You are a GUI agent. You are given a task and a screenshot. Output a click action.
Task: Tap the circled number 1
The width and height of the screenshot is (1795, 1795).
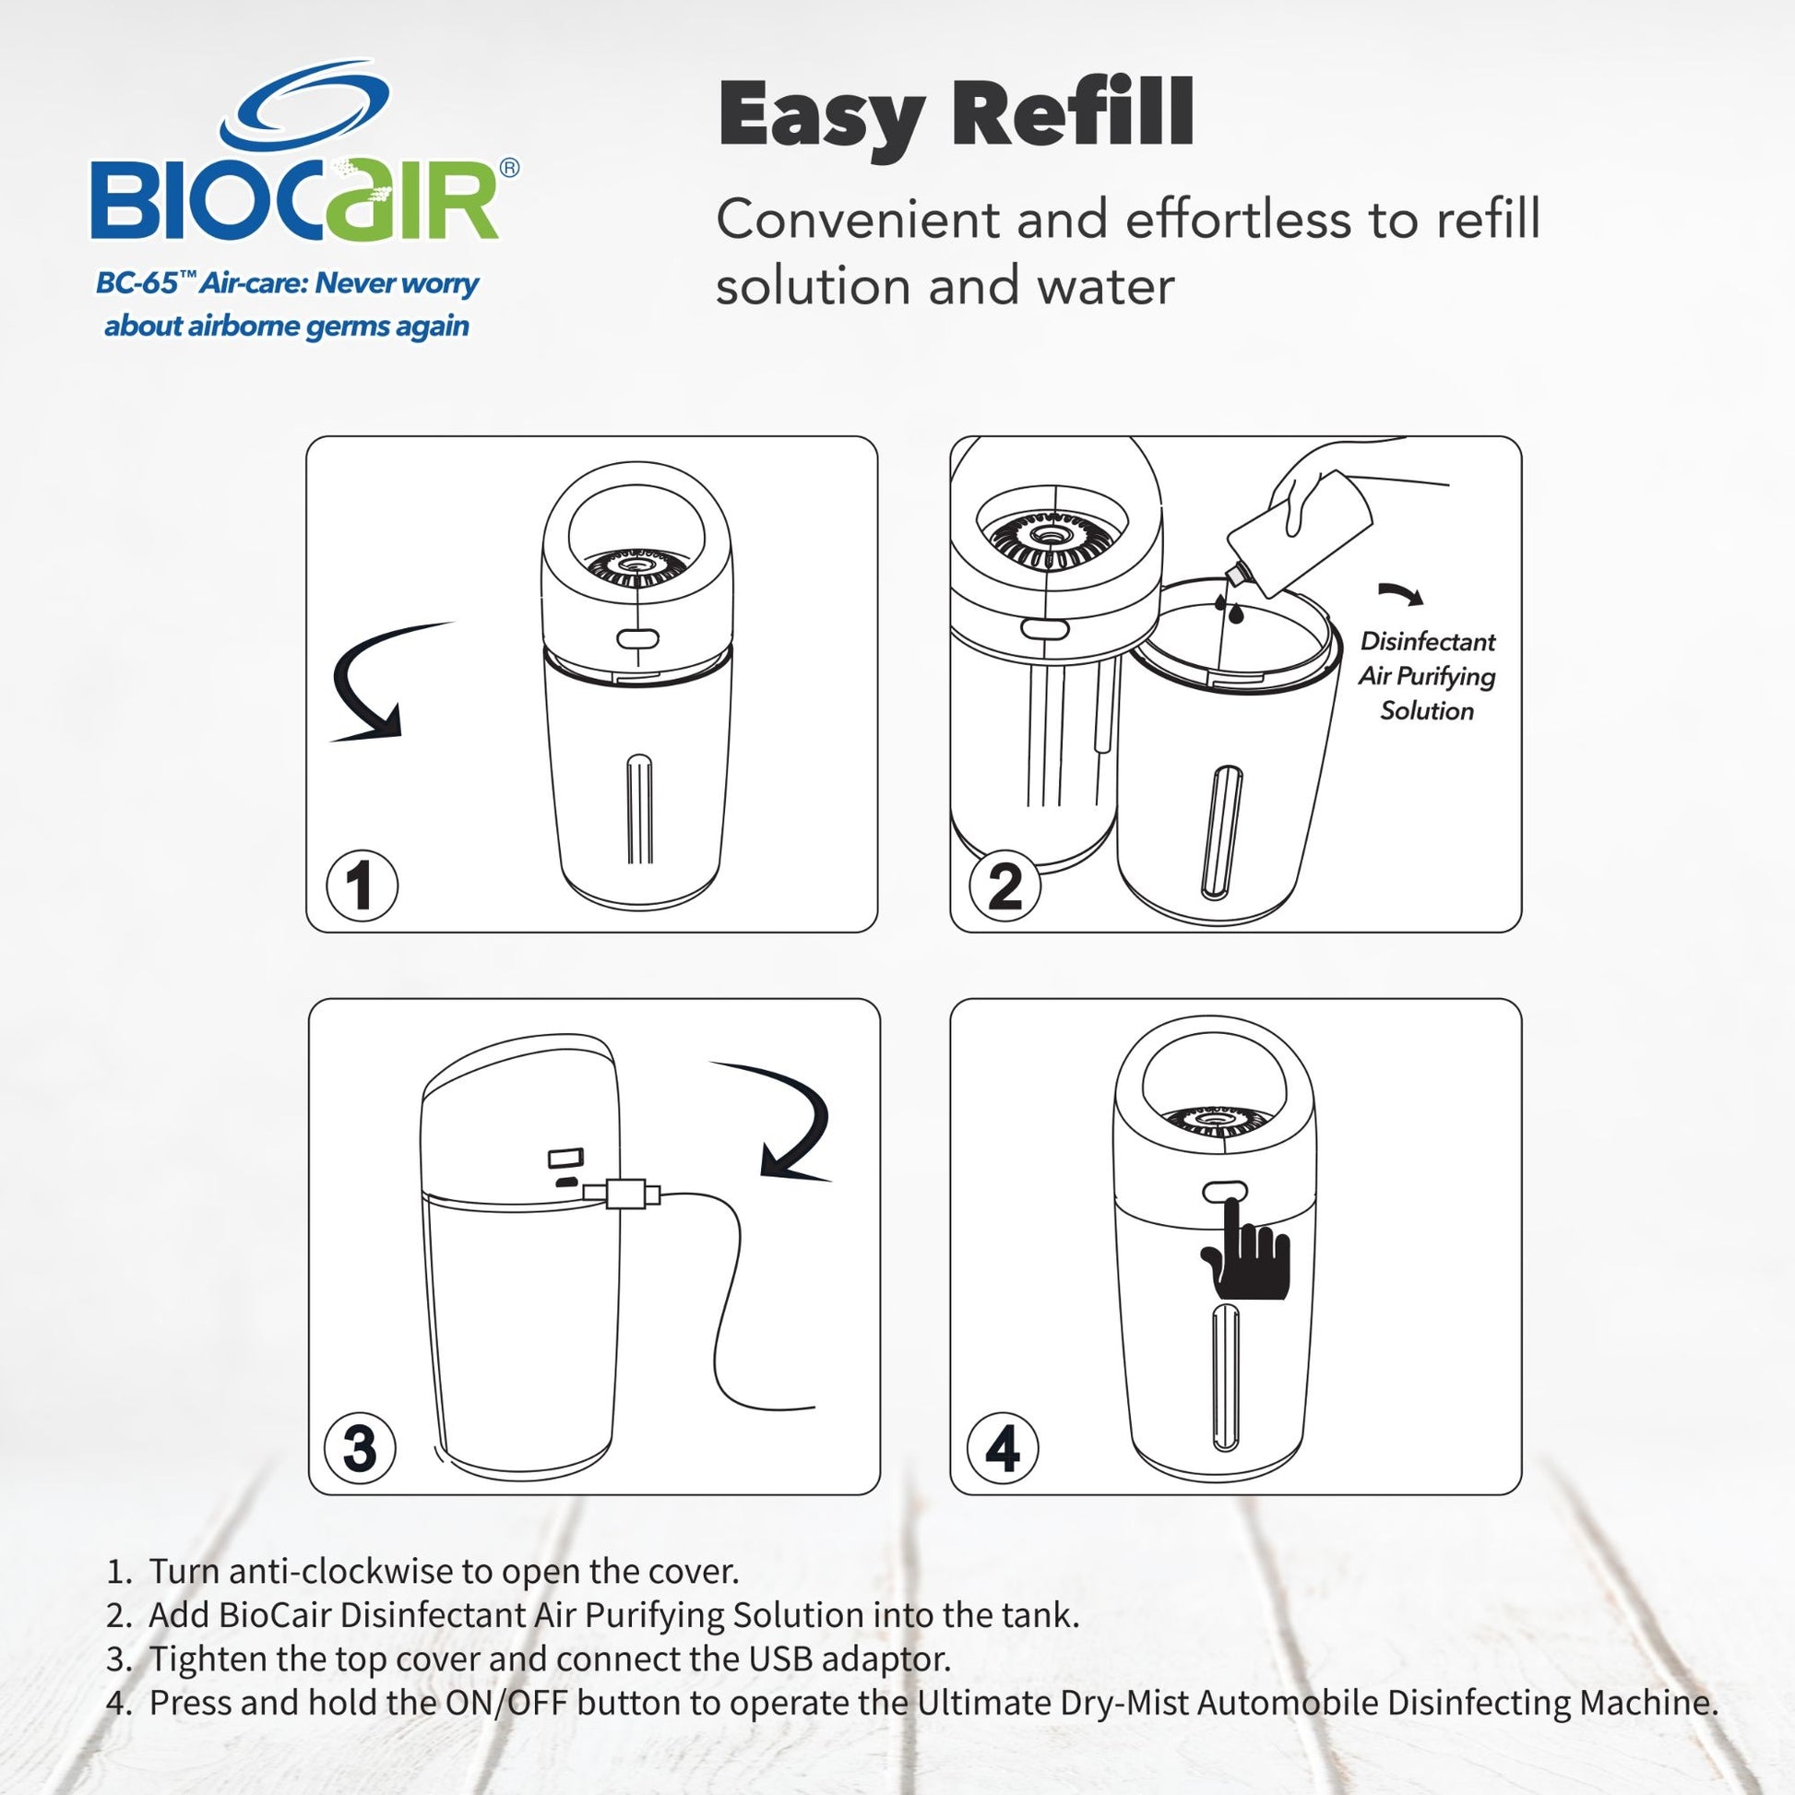click(363, 885)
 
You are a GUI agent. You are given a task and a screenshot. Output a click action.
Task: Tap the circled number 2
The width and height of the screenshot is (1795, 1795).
click(1005, 885)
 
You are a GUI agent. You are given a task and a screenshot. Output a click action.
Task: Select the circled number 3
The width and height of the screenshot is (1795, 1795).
click(361, 1447)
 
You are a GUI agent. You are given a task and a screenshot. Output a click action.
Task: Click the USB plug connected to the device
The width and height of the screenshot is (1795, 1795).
click(623, 1192)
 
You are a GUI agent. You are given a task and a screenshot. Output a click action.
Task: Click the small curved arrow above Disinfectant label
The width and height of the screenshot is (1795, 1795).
click(1400, 594)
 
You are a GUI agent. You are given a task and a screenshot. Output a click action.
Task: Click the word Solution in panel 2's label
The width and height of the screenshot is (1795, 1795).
click(1427, 711)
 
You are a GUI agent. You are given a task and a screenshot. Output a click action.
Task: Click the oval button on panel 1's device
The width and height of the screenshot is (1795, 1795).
click(637, 639)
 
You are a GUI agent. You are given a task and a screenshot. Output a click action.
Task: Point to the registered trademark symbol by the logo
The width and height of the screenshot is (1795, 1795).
click(510, 168)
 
